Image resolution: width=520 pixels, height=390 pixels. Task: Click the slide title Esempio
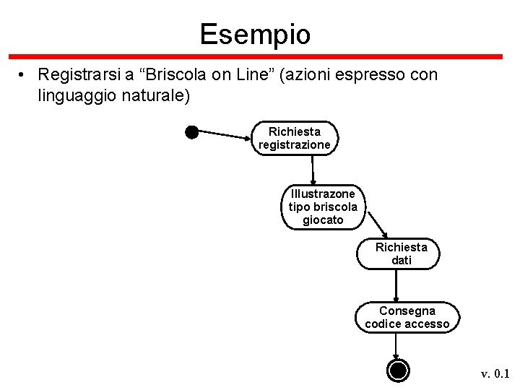(x=255, y=34)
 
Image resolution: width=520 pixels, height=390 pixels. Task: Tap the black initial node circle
(x=191, y=131)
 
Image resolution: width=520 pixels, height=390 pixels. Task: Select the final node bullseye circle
(x=397, y=370)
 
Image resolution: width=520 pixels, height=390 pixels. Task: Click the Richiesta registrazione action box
(x=295, y=138)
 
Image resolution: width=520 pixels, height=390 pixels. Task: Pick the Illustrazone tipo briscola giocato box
(x=323, y=207)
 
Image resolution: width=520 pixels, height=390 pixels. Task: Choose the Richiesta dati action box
(x=401, y=253)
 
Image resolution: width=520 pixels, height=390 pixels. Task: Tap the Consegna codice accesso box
(x=407, y=317)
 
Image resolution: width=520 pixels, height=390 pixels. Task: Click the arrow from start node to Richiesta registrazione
(x=224, y=134)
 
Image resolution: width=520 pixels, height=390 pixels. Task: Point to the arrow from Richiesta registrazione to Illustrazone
(x=313, y=170)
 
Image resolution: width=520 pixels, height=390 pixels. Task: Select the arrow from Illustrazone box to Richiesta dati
(x=375, y=221)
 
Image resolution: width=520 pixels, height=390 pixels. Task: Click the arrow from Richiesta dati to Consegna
(x=396, y=285)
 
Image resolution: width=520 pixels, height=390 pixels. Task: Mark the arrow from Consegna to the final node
(x=396, y=346)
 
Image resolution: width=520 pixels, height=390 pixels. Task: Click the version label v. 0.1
(x=495, y=373)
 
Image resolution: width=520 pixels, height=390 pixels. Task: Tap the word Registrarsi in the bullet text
(x=79, y=74)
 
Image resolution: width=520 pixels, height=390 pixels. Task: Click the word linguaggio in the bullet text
(x=72, y=94)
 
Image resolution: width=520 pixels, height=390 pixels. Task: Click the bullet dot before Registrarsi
(x=23, y=75)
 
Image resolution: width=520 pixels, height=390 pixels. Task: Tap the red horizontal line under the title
(x=255, y=56)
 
